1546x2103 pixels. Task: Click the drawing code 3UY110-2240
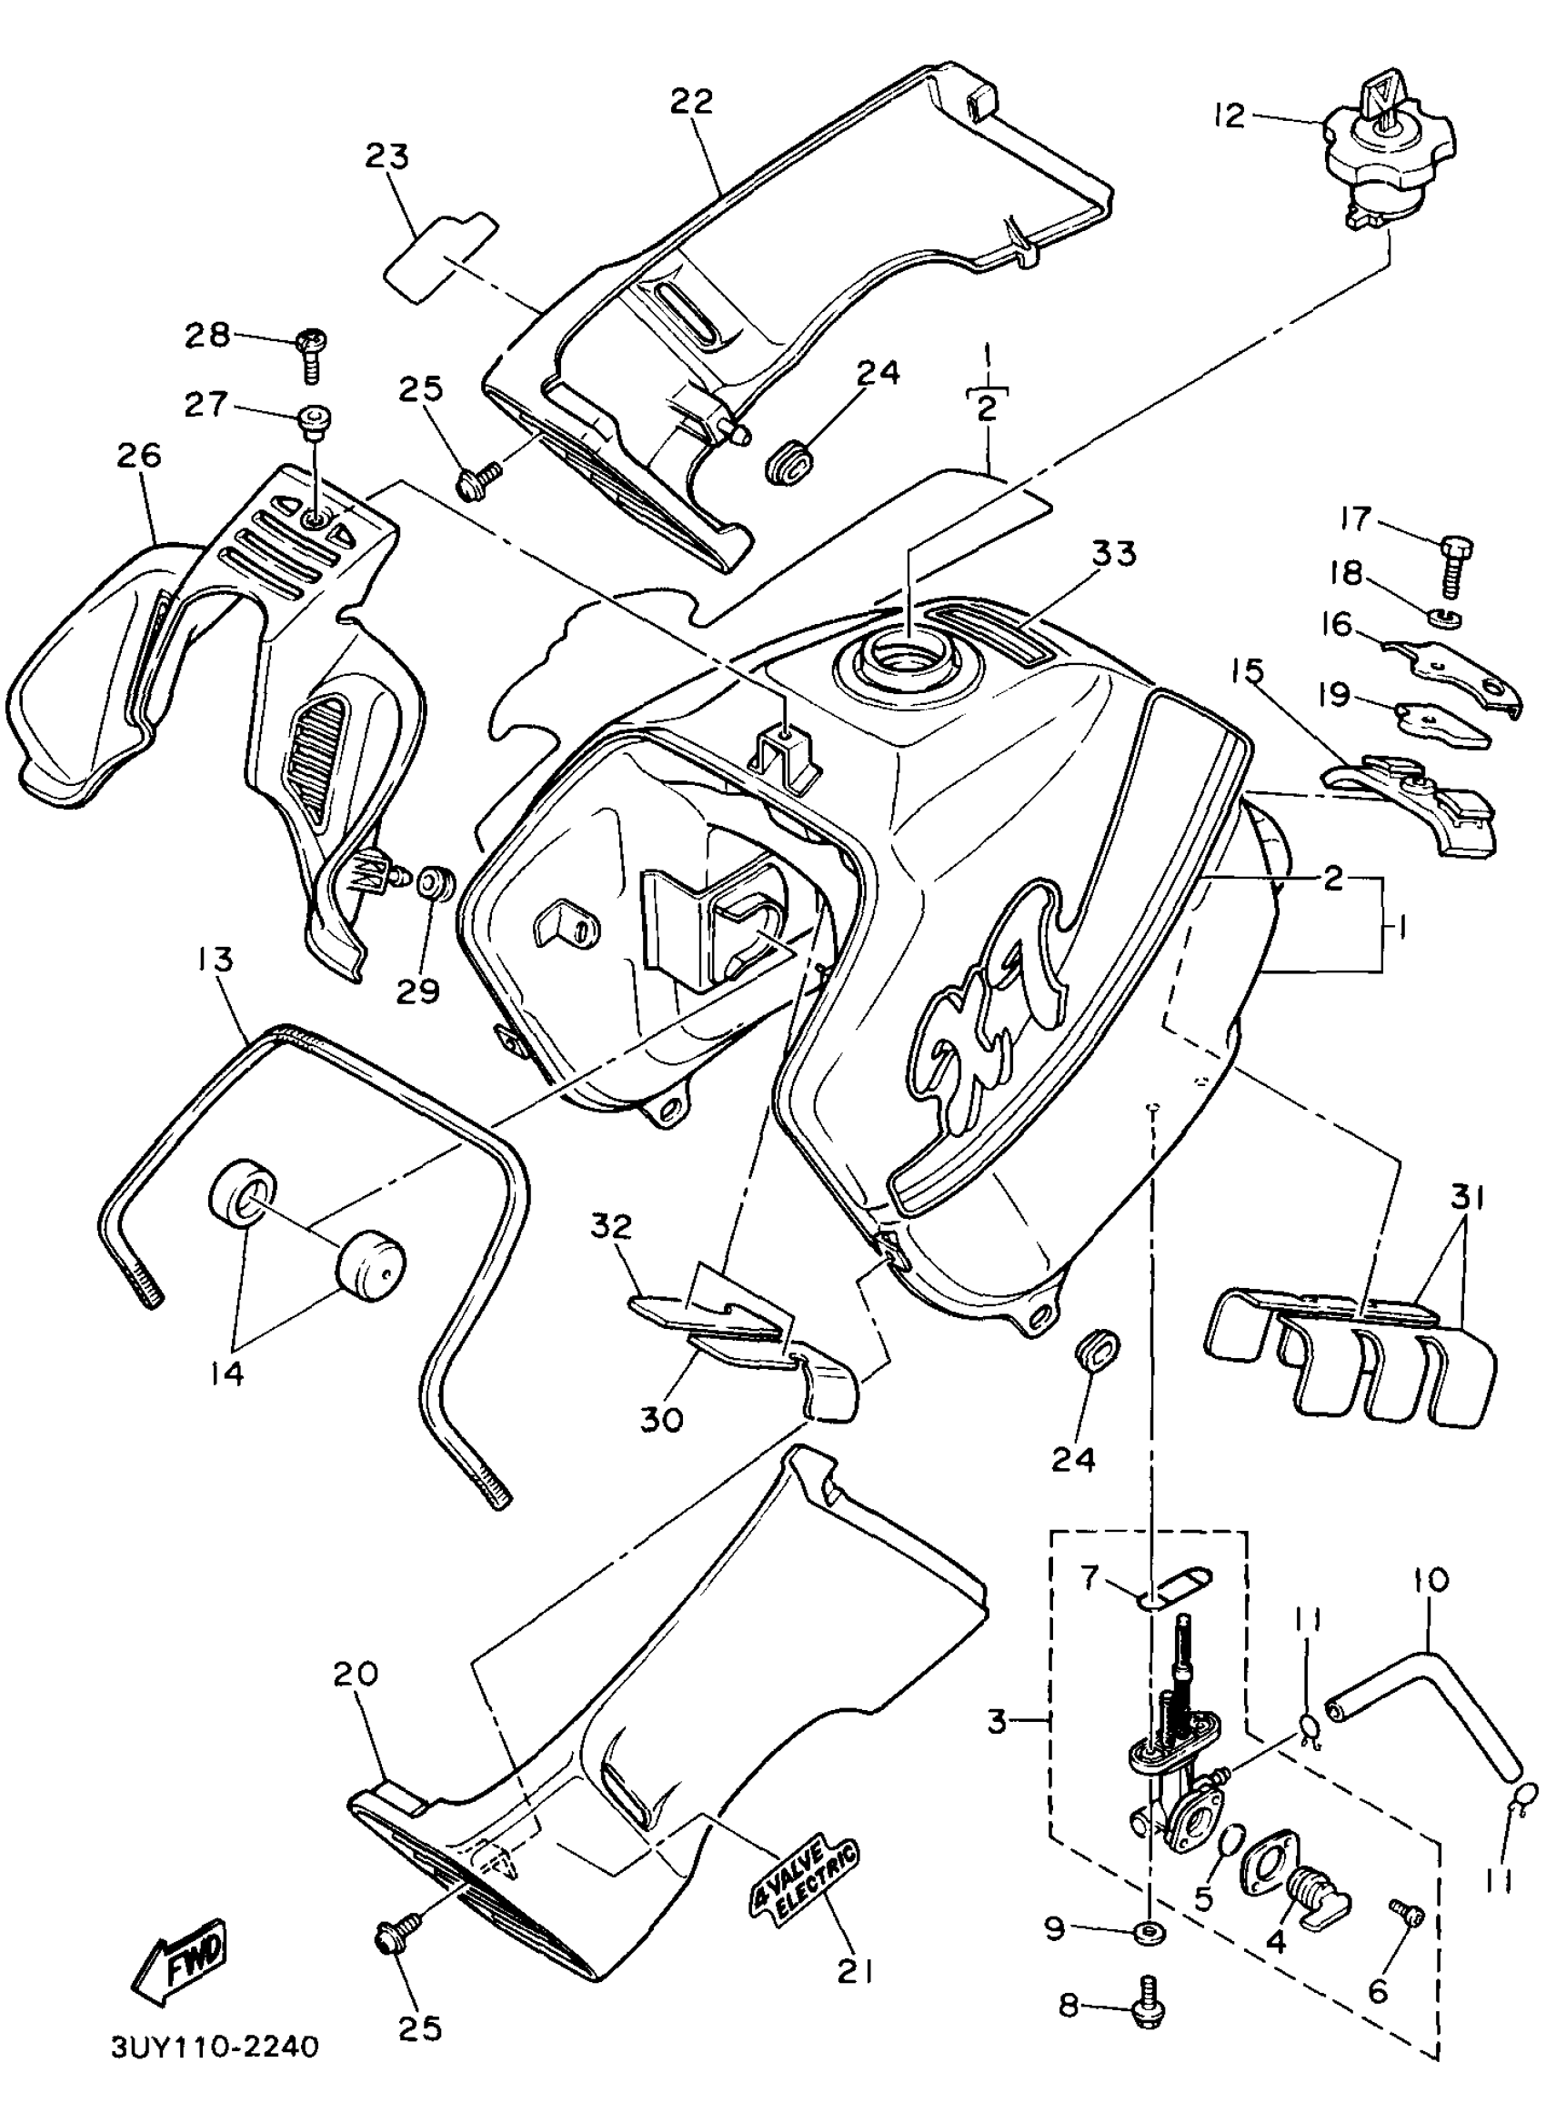(x=216, y=2047)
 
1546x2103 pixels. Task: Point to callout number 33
(x=1113, y=554)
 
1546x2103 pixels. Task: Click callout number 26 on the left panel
(x=139, y=457)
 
